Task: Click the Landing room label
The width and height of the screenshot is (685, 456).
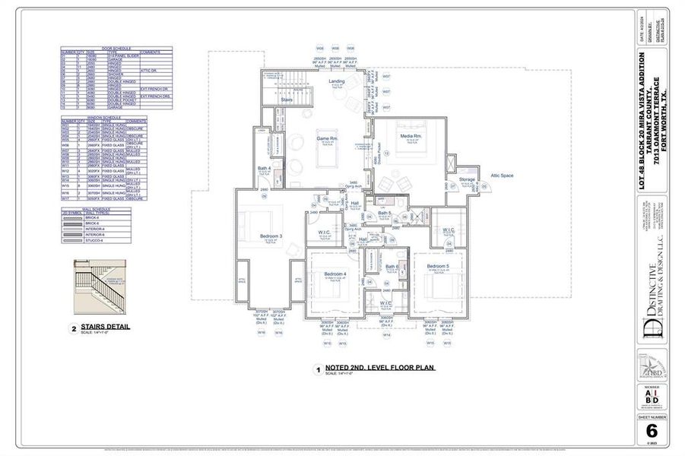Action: [336, 81]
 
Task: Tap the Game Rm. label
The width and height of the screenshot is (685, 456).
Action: [327, 139]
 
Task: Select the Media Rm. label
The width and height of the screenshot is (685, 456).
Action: [411, 137]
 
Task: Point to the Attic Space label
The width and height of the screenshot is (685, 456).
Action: [502, 175]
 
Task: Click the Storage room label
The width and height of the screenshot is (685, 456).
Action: [467, 180]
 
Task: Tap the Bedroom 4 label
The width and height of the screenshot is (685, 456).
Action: [335, 274]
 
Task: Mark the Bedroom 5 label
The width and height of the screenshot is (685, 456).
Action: [438, 265]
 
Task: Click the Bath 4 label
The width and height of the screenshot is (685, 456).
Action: [264, 168]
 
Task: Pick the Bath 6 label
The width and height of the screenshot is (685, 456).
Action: [392, 266]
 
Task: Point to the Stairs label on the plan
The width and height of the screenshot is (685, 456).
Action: [287, 99]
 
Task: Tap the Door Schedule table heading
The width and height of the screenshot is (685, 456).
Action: [116, 49]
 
